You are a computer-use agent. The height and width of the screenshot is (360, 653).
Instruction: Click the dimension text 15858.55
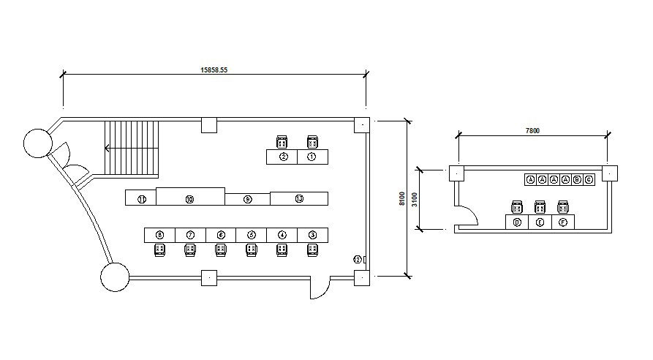(x=214, y=71)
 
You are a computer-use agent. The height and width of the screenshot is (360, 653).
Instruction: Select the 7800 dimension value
(x=532, y=131)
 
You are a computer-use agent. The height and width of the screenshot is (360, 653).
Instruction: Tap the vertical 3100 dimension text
(x=414, y=198)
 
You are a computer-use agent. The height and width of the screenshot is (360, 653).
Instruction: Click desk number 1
(x=312, y=157)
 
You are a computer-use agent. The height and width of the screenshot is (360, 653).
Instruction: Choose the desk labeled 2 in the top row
(x=283, y=157)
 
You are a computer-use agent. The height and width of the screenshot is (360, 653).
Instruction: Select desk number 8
(x=159, y=235)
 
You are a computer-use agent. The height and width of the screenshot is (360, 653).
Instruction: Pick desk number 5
(x=252, y=235)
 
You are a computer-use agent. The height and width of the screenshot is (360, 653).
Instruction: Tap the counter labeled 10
(x=189, y=198)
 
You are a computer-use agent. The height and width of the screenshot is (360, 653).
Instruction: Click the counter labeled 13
(x=298, y=198)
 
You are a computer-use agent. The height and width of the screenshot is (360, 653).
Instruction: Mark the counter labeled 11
(x=141, y=198)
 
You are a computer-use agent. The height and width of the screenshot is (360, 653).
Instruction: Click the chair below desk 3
(x=313, y=250)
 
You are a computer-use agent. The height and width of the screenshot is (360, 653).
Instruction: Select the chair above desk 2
(x=282, y=141)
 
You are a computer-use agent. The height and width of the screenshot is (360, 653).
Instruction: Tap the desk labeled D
(x=517, y=222)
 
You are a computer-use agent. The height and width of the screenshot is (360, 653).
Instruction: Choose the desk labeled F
(x=563, y=222)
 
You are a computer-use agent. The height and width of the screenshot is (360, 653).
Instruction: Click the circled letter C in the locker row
(x=589, y=179)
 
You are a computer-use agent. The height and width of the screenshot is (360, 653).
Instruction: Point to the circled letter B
(x=577, y=179)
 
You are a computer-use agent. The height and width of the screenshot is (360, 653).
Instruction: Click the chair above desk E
(x=540, y=207)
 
